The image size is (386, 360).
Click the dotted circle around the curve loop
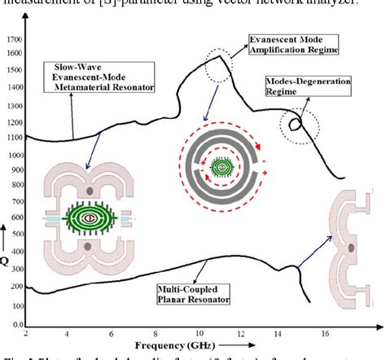tap(291, 124)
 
